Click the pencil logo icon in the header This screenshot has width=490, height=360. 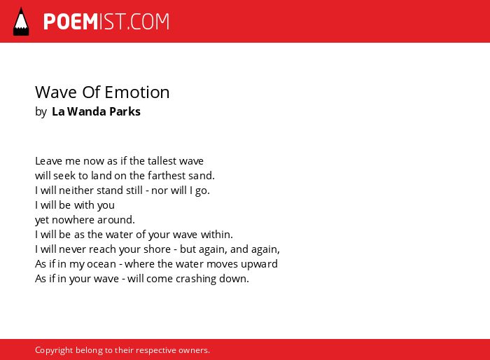click(x=21, y=22)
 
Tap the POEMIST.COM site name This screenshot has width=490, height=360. click(x=106, y=22)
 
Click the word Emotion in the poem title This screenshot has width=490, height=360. click(x=137, y=92)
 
